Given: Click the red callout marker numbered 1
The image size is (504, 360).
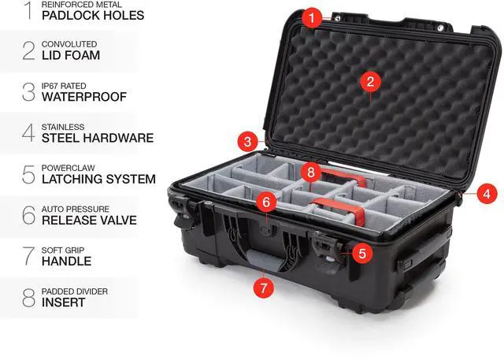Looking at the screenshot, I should [313, 15].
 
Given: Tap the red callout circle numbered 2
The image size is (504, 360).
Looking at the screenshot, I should [369, 81].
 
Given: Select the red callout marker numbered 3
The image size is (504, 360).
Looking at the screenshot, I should [249, 142].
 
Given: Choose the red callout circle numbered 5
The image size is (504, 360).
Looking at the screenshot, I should [361, 253].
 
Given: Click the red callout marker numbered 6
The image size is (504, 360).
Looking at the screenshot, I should [266, 202].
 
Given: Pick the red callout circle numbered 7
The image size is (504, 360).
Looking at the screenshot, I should [265, 288].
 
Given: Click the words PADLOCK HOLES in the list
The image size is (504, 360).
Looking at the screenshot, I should [92, 15].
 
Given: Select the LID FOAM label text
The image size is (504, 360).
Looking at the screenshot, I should [72, 56].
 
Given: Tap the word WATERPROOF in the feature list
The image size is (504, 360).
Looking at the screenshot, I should [84, 97].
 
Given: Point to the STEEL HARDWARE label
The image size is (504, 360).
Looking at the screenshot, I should [98, 138].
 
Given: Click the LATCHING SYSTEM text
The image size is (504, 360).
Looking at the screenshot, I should [99, 179].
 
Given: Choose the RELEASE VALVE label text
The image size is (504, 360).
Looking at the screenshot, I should [90, 220].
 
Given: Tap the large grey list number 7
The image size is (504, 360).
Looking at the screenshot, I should [28, 256].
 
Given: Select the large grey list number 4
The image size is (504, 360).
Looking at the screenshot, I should [28, 133].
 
